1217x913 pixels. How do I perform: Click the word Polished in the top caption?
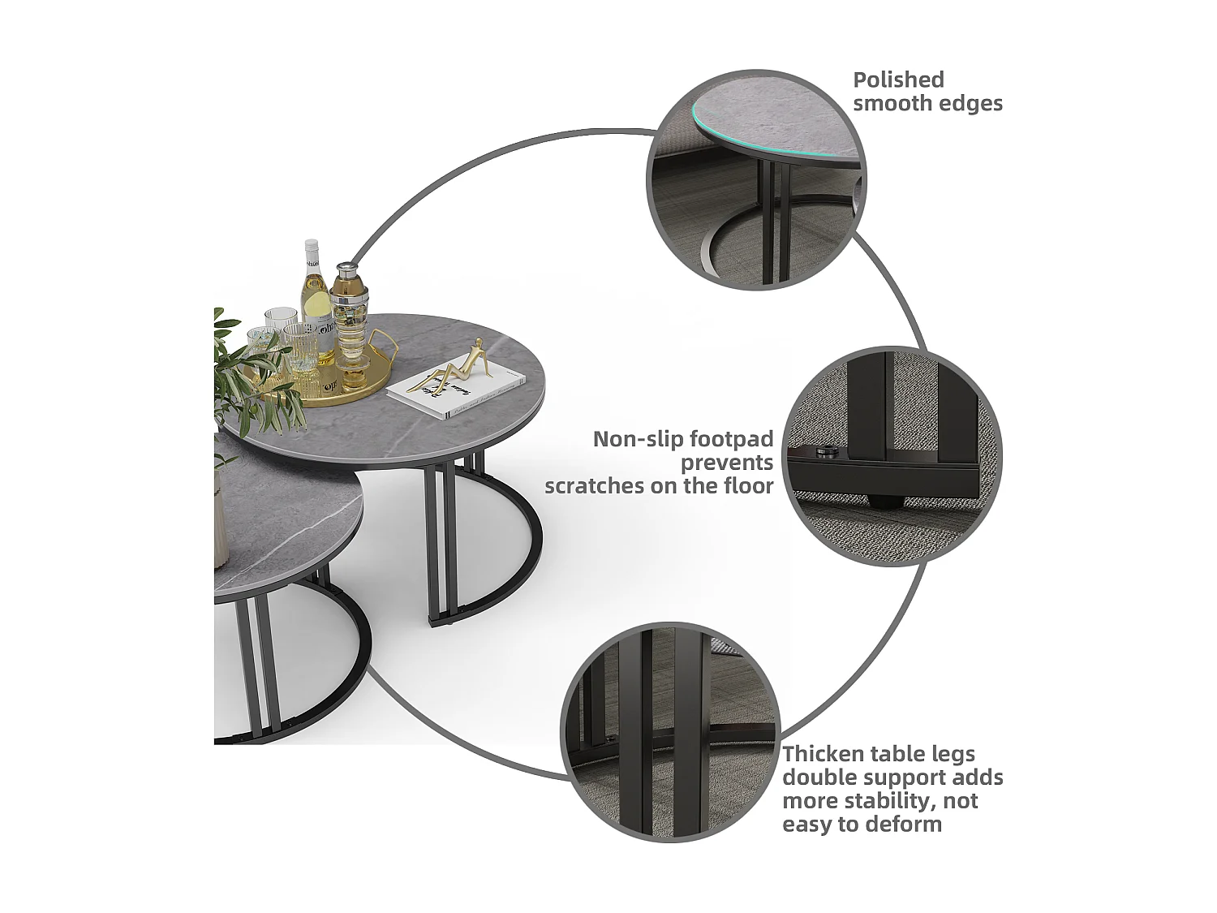tap(898, 80)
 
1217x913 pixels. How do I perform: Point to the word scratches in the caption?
tap(589, 486)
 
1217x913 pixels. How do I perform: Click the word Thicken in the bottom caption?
tap(820, 754)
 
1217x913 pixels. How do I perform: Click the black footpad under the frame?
tap(884, 496)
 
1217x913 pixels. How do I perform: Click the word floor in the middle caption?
tap(748, 486)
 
